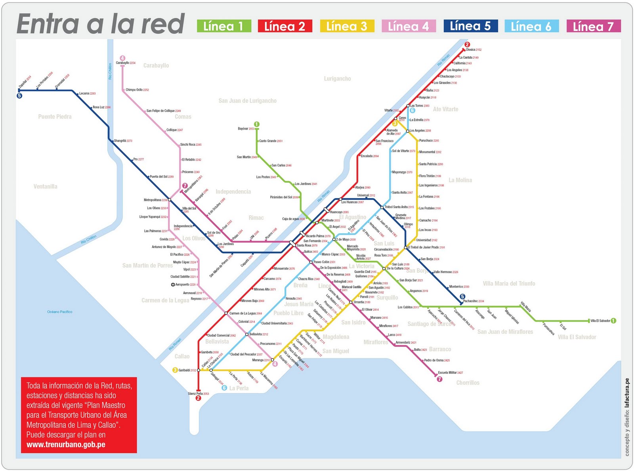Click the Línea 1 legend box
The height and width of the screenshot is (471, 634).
224,26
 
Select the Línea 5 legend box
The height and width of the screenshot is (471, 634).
470,26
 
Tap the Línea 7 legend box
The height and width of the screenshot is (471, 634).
593,26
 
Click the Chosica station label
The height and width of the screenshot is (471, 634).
473,50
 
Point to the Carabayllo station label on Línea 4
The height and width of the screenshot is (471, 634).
125,63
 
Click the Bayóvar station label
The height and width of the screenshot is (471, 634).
246,129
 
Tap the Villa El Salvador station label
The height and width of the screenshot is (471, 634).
600,321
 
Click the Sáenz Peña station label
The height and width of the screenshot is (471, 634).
198,394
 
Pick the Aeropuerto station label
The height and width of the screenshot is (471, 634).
185,285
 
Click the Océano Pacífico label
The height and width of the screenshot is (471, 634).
59,312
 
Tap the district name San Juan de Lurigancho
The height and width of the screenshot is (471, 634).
247,101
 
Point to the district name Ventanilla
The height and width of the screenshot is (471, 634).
45,186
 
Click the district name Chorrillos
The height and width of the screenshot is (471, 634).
468,383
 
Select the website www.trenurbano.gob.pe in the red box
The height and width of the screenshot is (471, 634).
66,444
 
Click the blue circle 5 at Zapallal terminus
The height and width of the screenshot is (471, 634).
19,96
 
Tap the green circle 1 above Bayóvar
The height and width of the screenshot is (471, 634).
257,124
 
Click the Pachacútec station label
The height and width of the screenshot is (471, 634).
474,301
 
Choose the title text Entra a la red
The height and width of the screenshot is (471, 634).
101,25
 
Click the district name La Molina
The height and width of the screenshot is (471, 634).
460,180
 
